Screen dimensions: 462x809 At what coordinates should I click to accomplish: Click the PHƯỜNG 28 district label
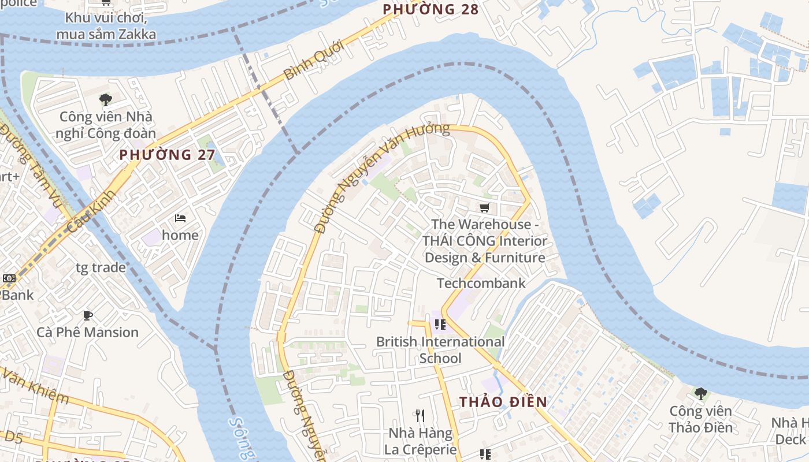(x=431, y=9)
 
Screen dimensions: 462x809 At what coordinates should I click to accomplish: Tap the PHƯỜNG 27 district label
(x=167, y=155)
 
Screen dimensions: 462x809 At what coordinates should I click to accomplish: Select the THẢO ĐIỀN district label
(x=503, y=402)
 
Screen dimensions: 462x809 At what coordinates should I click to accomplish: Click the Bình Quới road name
(x=314, y=60)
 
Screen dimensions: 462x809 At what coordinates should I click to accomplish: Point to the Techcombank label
(x=481, y=283)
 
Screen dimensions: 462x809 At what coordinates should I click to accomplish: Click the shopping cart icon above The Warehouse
(x=484, y=207)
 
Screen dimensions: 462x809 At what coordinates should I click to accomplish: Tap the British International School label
(x=440, y=350)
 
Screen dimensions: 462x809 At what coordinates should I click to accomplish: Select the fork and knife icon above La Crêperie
(x=420, y=415)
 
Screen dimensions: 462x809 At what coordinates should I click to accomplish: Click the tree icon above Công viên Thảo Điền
(x=700, y=394)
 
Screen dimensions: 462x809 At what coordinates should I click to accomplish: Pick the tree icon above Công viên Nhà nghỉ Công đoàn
(x=105, y=100)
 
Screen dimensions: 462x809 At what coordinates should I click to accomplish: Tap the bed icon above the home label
(x=180, y=218)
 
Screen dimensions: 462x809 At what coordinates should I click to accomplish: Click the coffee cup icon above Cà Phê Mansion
(x=87, y=315)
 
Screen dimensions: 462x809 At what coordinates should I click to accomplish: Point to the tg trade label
(x=101, y=267)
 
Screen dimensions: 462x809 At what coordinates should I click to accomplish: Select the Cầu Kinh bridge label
(x=91, y=211)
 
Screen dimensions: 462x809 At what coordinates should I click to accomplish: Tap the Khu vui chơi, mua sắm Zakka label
(x=106, y=25)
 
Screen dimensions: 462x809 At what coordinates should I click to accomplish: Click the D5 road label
(x=12, y=437)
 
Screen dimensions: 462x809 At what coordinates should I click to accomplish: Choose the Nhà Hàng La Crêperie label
(x=421, y=441)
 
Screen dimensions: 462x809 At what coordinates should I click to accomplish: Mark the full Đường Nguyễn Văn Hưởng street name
(x=381, y=176)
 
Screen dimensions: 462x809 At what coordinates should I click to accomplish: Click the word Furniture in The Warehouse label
(x=515, y=258)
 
